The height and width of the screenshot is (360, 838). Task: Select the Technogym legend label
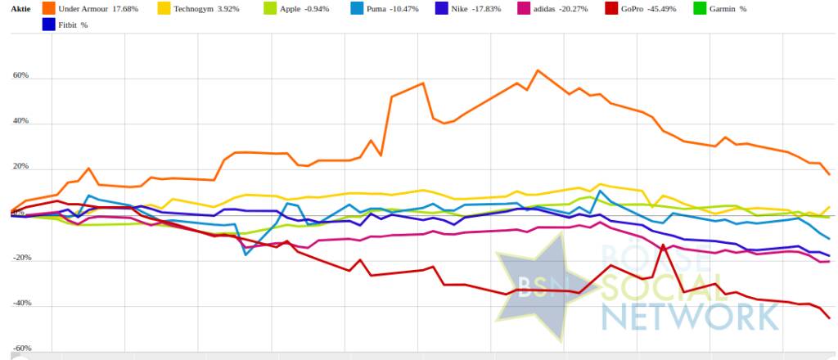(194, 10)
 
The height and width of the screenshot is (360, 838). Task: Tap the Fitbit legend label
(67, 25)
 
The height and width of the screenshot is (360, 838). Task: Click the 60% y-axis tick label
(20, 76)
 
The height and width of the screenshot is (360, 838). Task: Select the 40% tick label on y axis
(20, 121)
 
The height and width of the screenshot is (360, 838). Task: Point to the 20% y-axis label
(20, 167)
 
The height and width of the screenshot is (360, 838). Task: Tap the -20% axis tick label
(20, 258)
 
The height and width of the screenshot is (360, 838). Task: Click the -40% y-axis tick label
(20, 304)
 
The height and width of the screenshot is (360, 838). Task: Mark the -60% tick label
(20, 349)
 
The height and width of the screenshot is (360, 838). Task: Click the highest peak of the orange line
(538, 70)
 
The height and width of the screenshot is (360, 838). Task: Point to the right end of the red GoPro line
(829, 317)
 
